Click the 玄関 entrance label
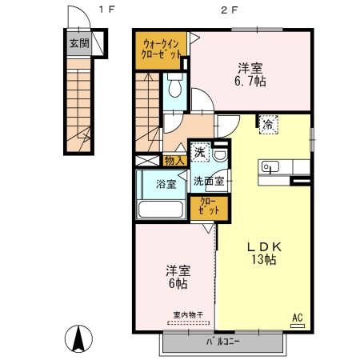pos(78,43)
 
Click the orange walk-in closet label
pos(161,50)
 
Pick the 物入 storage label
pos(174,161)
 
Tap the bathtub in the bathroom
pos(160,210)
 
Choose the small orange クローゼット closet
pos(207,206)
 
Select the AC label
pos(297,318)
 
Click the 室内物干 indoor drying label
pos(189,315)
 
